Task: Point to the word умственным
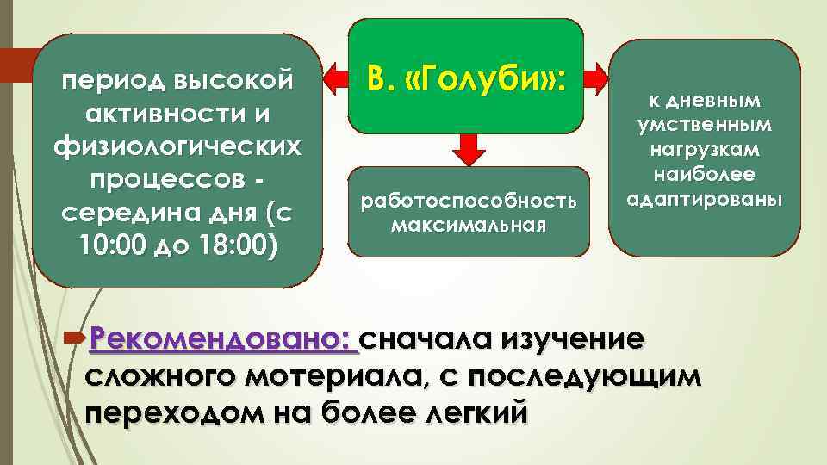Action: click(x=705, y=125)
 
